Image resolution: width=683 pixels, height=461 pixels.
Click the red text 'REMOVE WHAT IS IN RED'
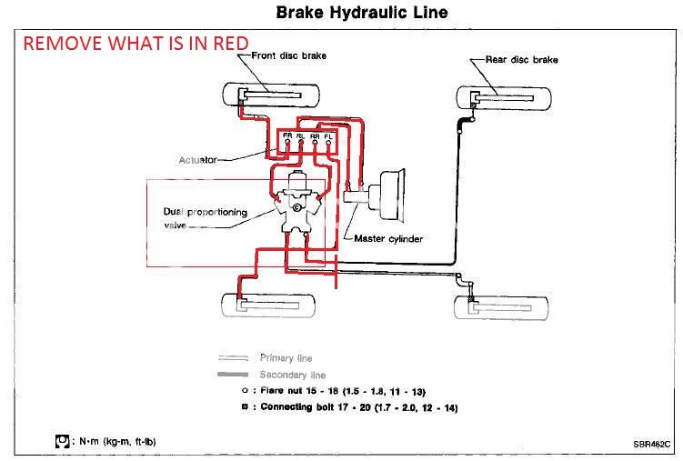click(135, 43)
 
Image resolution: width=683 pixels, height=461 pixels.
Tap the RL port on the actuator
click(302, 136)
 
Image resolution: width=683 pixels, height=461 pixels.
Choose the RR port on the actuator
click(315, 136)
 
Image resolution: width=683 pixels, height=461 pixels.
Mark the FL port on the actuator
click(327, 136)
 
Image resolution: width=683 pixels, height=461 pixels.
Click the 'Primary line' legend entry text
click(289, 358)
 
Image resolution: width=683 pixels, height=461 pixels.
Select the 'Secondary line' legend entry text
click(294, 375)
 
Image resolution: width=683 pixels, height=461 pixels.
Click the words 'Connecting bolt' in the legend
click(301, 408)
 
